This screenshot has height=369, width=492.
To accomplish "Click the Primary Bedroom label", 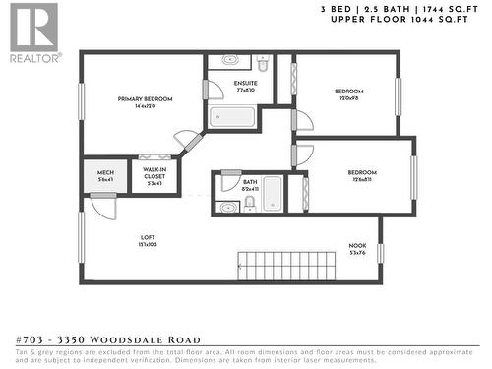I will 146,99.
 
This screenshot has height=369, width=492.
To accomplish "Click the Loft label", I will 149,236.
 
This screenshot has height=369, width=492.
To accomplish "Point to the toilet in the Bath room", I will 250,203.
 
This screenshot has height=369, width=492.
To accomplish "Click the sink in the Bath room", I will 228,207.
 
